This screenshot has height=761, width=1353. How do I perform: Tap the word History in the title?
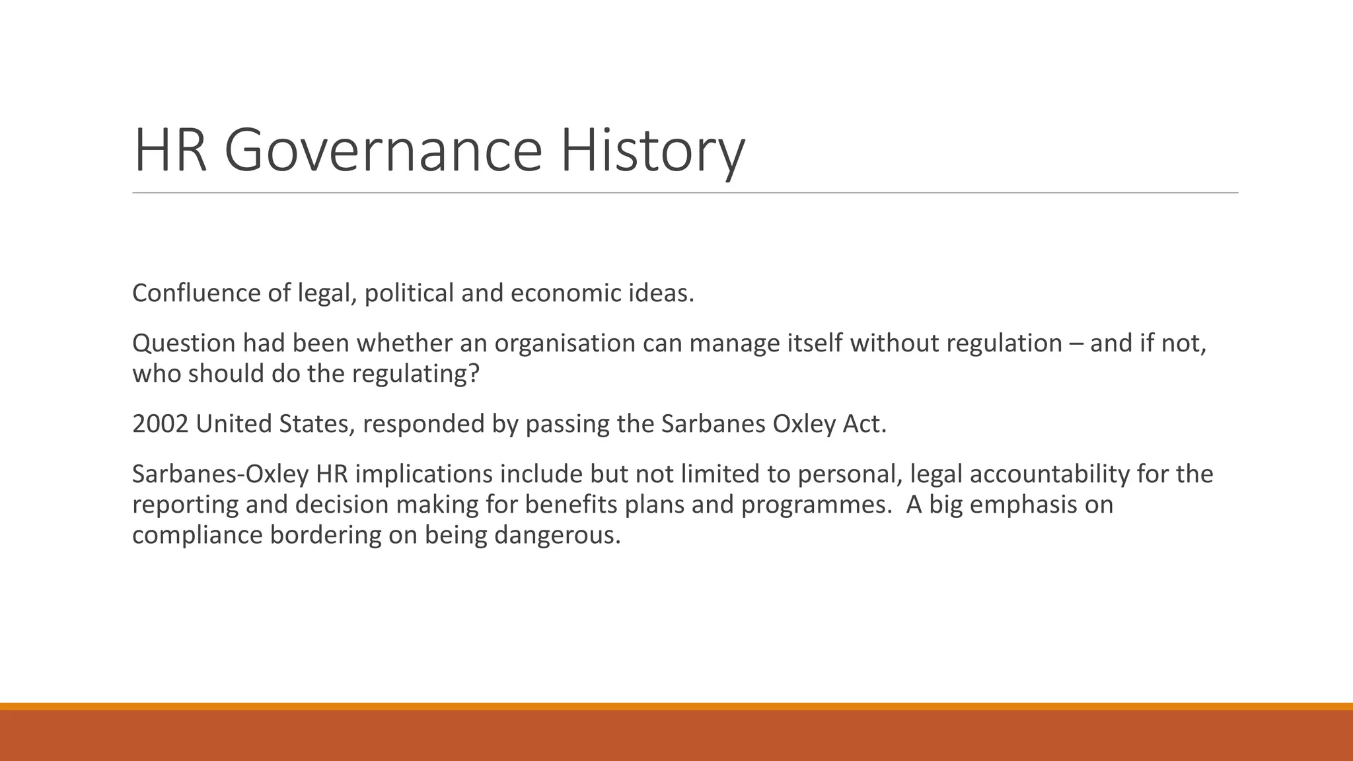coord(653,151)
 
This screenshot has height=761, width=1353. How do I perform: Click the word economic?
coord(562,293)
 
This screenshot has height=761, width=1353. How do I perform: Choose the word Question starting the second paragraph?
coord(183,344)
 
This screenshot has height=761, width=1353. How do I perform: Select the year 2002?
coord(160,424)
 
